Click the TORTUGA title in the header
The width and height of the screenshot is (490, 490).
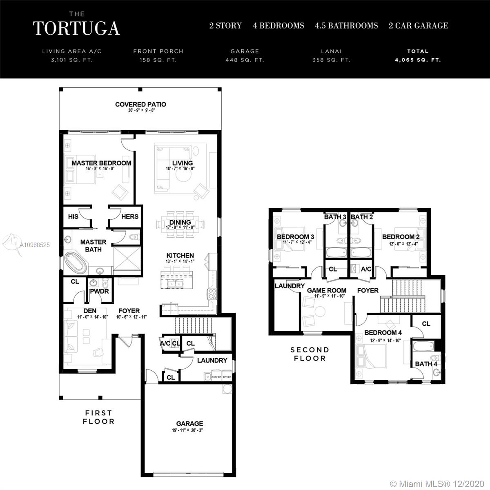click(x=76, y=28)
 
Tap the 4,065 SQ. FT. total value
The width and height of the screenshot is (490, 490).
click(x=418, y=60)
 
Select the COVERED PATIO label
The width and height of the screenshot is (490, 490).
click(x=140, y=104)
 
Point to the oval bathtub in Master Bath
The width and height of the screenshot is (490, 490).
click(x=76, y=262)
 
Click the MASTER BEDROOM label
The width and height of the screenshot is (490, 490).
click(x=101, y=163)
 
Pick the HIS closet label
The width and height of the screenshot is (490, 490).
click(x=73, y=217)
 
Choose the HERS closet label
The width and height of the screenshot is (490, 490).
click(x=130, y=217)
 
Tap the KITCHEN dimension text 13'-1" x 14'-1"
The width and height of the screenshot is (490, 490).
click(x=180, y=261)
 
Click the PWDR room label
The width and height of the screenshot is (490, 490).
click(x=99, y=292)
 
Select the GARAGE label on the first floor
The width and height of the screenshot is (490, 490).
click(x=190, y=423)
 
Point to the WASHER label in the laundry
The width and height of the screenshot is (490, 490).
click(x=216, y=377)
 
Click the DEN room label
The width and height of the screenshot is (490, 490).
click(x=90, y=311)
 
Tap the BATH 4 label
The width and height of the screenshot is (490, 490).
click(x=426, y=364)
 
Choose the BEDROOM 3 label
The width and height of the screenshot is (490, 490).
click(x=296, y=237)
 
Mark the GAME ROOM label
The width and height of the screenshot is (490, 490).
click(x=327, y=290)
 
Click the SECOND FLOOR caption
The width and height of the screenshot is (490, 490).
click(x=310, y=354)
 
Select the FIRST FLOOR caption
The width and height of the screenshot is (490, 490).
click(x=99, y=417)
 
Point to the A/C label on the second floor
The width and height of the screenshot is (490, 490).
click(x=366, y=269)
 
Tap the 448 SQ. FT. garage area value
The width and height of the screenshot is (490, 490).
click(x=245, y=60)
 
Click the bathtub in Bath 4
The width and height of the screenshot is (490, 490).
click(x=423, y=346)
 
